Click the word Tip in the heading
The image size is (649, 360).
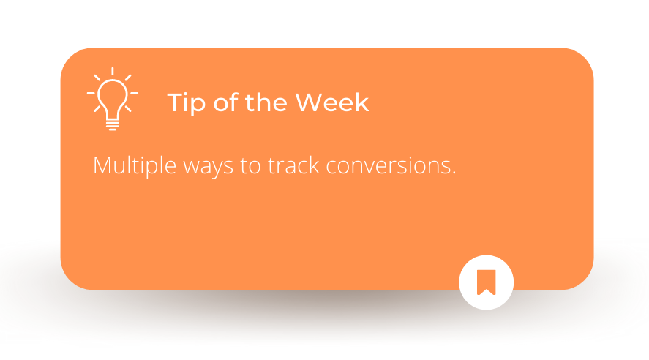187,103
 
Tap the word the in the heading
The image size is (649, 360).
266,102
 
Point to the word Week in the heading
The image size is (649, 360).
331,102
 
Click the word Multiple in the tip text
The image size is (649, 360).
135,166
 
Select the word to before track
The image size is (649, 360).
250,166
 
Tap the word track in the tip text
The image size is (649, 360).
293,165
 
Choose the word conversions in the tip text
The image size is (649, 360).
387,166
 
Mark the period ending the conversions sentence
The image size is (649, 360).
454,173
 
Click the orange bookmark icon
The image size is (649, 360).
487,282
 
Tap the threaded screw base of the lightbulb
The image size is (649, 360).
113,125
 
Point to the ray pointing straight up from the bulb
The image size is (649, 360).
113,71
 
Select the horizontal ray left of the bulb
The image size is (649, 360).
91,94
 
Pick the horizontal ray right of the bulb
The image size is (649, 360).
134,94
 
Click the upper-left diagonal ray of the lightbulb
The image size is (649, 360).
97,78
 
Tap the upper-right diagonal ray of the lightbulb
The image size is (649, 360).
128,78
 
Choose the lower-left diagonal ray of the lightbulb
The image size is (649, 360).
97,109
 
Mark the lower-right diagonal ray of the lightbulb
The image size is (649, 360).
128,109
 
